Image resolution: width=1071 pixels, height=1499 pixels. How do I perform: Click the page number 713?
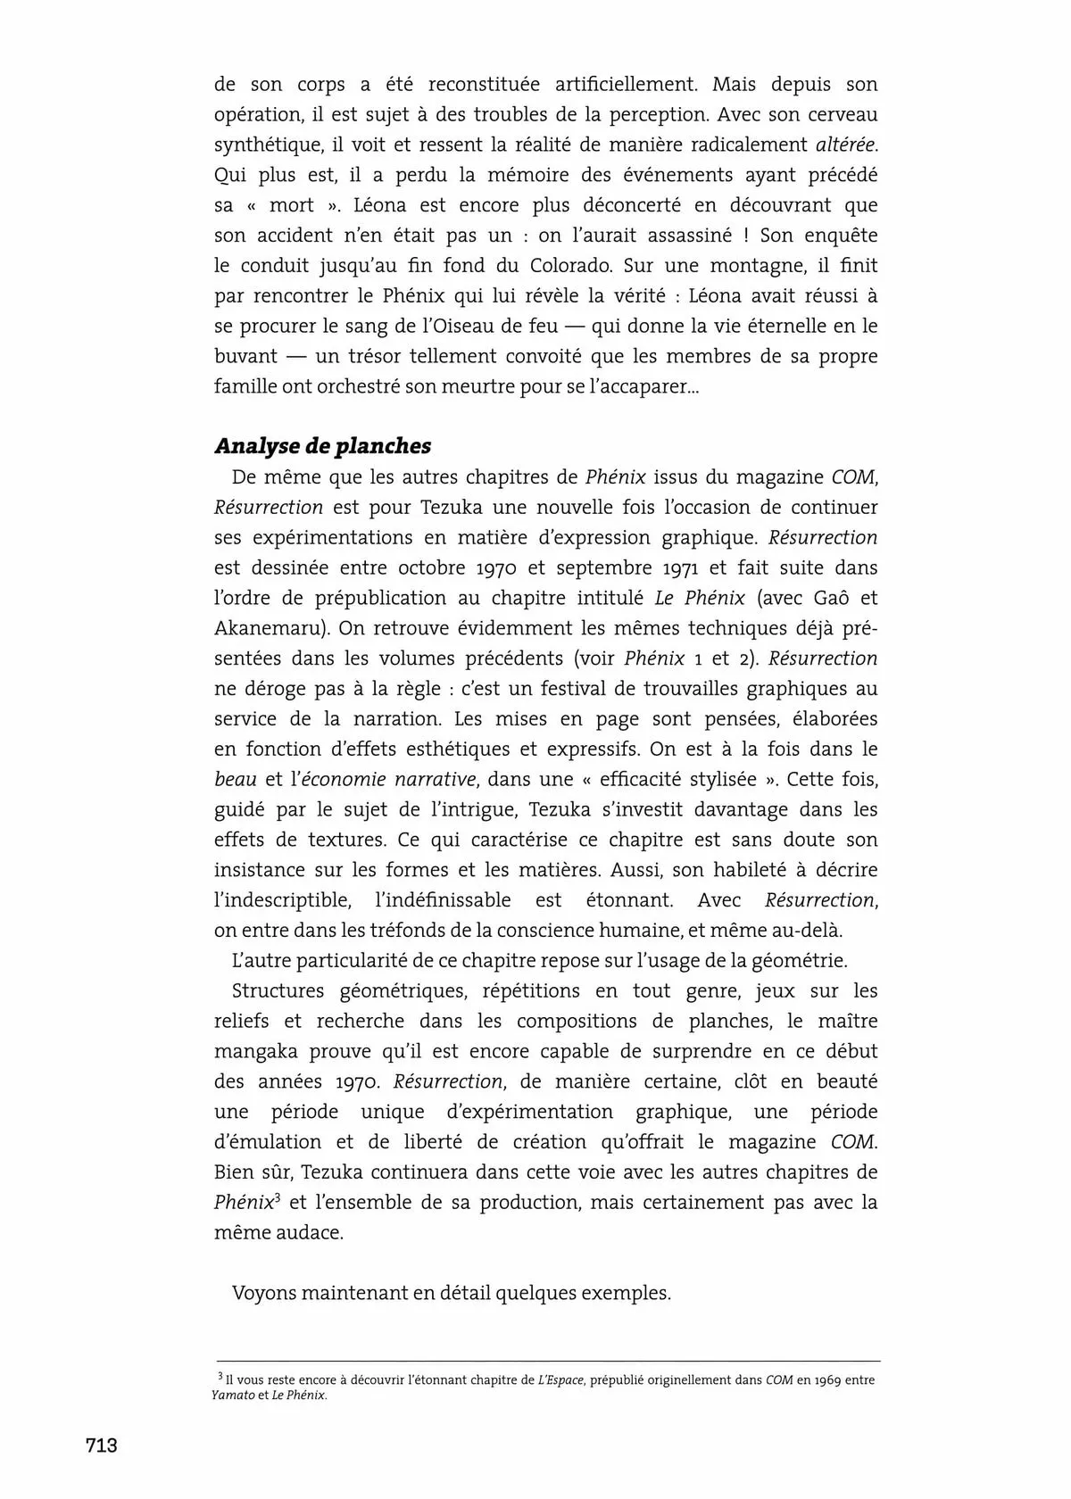pyautogui.click(x=101, y=1445)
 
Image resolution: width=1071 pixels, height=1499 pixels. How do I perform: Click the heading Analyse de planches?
pyautogui.click(x=322, y=445)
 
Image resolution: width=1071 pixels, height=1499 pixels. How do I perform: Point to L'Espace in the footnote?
pyautogui.click(x=560, y=1380)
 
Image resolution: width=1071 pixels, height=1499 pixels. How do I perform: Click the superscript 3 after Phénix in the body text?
pyautogui.click(x=278, y=1196)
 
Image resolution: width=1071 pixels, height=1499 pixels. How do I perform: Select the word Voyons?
pyautogui.click(x=263, y=1293)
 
